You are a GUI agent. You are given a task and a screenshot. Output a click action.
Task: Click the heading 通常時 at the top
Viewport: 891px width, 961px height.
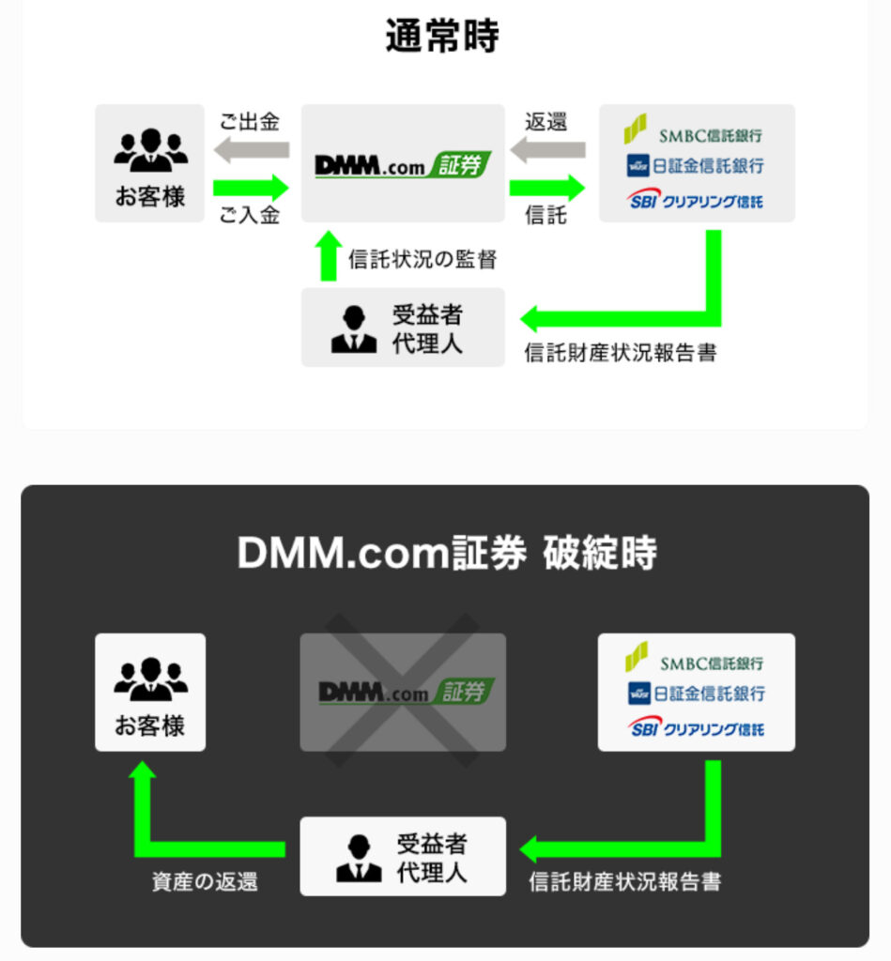click(x=442, y=37)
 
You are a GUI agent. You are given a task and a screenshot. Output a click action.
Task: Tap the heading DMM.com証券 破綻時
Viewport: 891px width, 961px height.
click(x=446, y=554)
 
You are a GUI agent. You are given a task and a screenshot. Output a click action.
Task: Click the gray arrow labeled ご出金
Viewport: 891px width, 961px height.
click(x=251, y=149)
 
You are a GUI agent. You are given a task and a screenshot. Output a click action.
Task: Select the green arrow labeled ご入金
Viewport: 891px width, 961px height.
click(x=251, y=186)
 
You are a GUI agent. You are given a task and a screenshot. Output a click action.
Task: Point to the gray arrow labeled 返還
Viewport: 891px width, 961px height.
click(x=547, y=149)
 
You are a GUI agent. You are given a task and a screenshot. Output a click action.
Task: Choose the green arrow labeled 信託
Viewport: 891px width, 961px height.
click(x=547, y=186)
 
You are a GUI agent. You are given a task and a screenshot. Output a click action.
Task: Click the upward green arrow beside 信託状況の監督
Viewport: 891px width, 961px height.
click(x=327, y=256)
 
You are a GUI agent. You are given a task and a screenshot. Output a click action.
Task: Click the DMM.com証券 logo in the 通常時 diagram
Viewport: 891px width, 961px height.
click(x=403, y=165)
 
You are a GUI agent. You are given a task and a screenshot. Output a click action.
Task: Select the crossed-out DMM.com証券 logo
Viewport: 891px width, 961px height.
click(x=403, y=693)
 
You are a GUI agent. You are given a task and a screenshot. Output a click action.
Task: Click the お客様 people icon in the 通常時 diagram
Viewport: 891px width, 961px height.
click(x=150, y=148)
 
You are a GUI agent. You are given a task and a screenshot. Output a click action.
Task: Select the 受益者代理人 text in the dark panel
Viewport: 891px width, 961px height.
click(x=431, y=857)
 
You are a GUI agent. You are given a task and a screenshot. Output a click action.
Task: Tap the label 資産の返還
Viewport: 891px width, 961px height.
click(x=205, y=882)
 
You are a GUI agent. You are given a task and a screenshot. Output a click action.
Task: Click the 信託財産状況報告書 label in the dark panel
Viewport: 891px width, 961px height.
click(x=625, y=882)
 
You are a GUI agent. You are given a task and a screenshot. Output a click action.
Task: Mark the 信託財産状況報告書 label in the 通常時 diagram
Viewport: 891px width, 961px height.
click(x=621, y=354)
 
